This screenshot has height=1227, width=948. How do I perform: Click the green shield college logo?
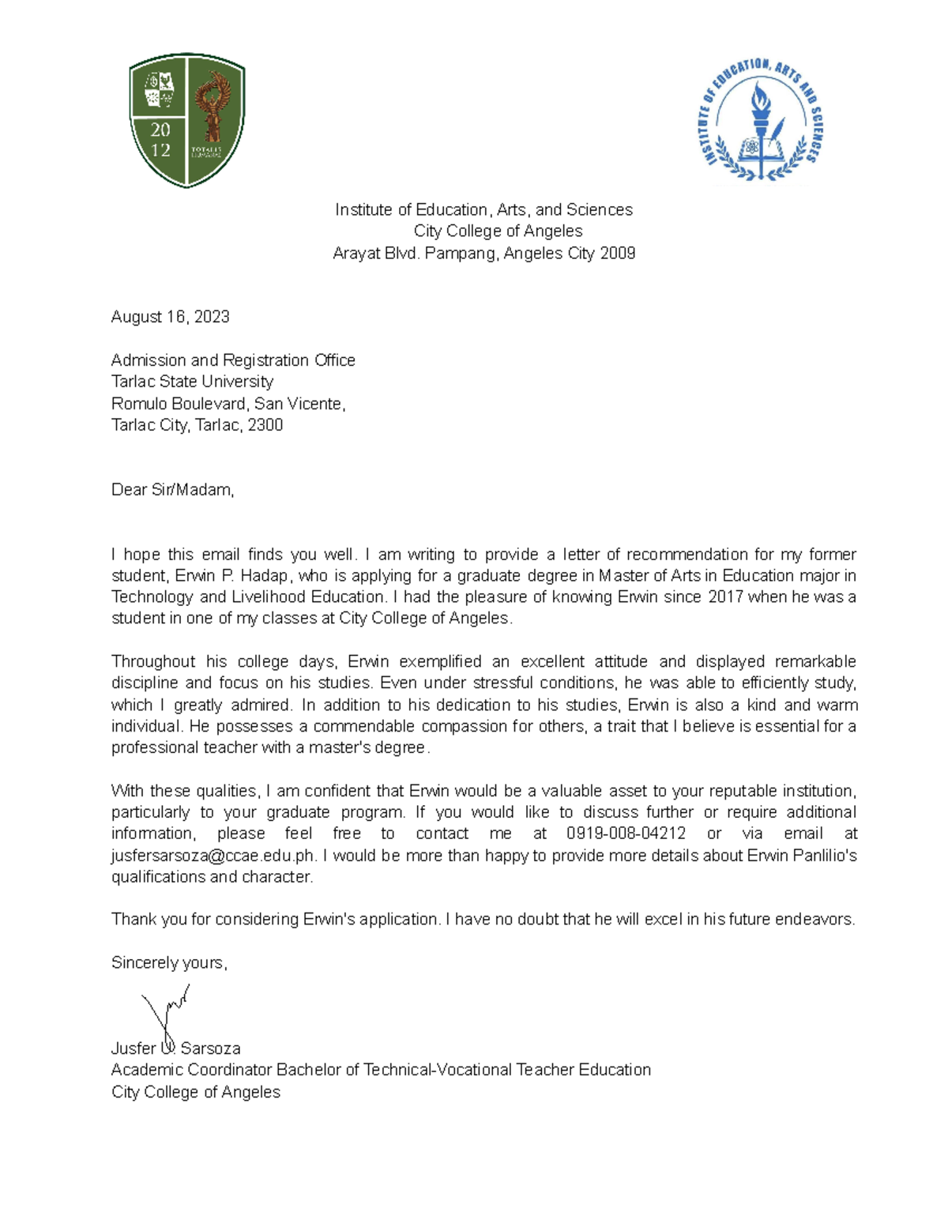pos(187,120)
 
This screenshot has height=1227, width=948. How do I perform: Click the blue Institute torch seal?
pos(761,120)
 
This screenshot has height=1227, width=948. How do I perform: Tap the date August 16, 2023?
pos(170,317)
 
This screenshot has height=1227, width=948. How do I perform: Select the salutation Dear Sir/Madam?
pos(172,490)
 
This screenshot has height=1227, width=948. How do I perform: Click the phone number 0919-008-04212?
pos(626,834)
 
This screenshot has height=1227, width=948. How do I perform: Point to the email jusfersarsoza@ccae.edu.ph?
pos(213,856)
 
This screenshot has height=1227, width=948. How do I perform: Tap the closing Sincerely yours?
pos(169,962)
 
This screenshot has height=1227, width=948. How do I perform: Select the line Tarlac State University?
pos(192,382)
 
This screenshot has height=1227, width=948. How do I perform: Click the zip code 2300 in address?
pos(265,425)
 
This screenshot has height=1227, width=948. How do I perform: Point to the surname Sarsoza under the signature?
pos(210,1048)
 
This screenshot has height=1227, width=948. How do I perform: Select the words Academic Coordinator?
pos(191,1070)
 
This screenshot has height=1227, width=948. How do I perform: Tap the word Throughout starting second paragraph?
pos(153,661)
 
